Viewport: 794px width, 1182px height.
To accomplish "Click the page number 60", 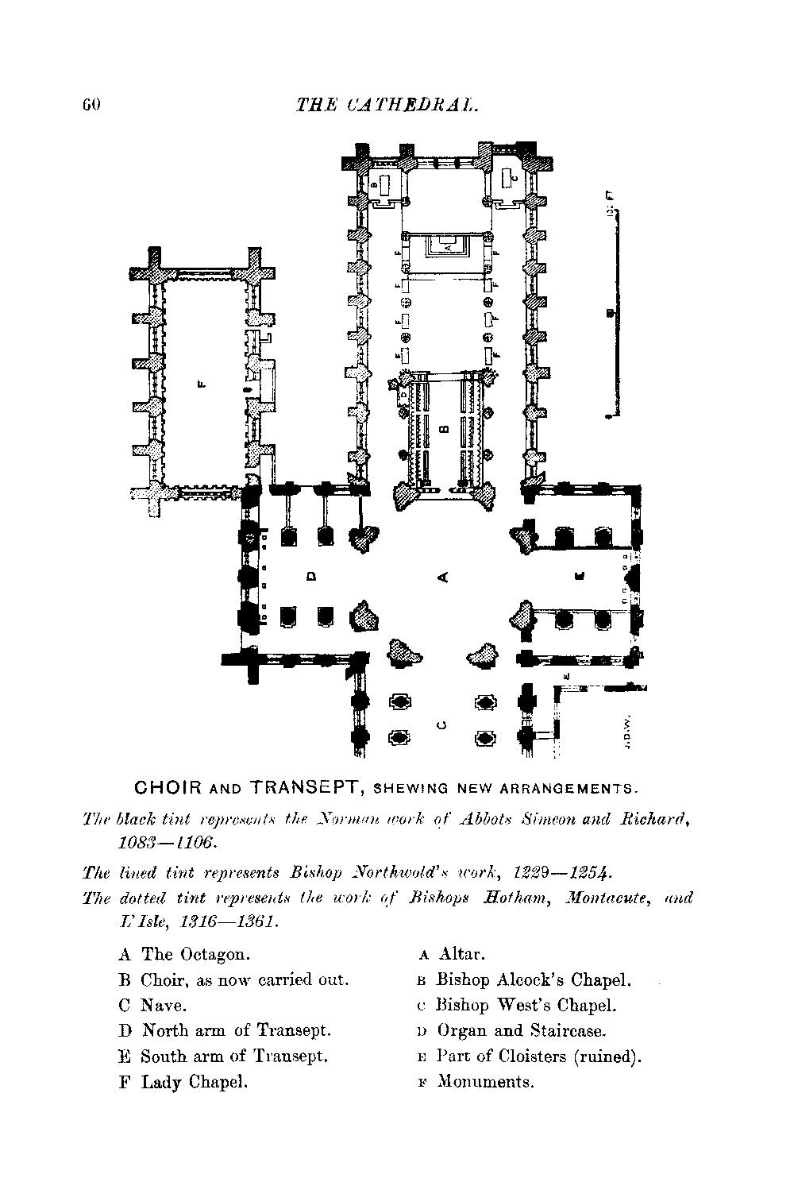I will pyautogui.click(x=87, y=105).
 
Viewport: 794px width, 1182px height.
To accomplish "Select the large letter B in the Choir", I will pyautogui.click(x=443, y=430).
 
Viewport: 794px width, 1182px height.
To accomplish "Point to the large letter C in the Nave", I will pyautogui.click(x=442, y=724).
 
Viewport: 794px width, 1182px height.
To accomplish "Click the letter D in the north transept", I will pyautogui.click(x=311, y=575).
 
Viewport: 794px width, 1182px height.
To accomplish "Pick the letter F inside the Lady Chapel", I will pyautogui.click(x=201, y=387).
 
